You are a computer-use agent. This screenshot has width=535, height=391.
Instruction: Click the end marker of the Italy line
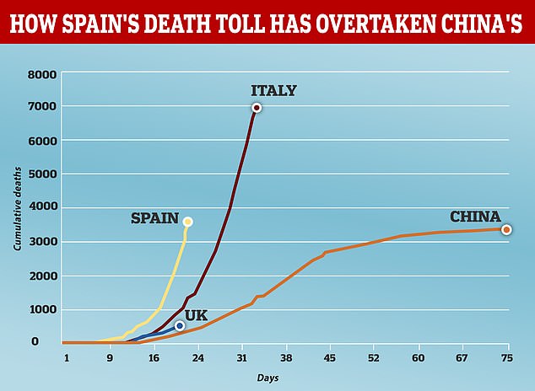(256, 108)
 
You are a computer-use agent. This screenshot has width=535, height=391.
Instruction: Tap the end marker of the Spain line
(187, 222)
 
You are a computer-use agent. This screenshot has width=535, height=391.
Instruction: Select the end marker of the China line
(506, 229)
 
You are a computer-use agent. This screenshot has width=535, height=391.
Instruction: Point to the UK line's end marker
(179, 325)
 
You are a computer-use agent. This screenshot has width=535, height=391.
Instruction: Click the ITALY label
(273, 90)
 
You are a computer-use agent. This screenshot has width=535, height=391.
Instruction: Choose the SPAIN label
(154, 218)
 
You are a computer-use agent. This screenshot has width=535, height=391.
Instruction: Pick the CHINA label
(475, 216)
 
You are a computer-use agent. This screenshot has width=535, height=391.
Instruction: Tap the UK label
(196, 314)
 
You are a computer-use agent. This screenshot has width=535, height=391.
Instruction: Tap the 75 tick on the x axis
(506, 356)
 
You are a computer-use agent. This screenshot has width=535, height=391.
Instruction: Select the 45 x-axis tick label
(329, 356)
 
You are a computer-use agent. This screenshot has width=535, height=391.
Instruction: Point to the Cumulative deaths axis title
(18, 207)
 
